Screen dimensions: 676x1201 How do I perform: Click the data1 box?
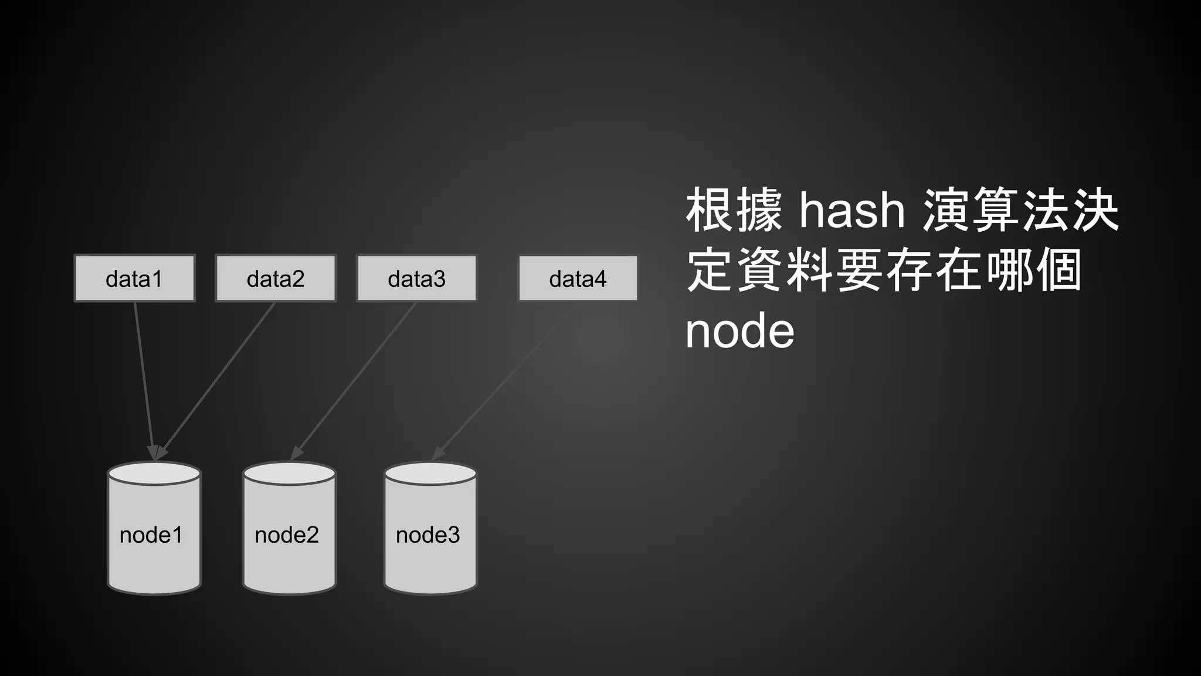(x=134, y=278)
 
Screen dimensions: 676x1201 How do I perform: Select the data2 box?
(x=276, y=278)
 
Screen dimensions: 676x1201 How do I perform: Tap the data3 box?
(x=416, y=278)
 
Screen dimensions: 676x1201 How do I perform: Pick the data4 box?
(x=578, y=278)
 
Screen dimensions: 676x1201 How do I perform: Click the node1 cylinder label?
(x=151, y=535)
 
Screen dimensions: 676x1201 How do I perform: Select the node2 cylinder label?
(x=287, y=535)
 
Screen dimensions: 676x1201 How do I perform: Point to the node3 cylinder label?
(x=428, y=535)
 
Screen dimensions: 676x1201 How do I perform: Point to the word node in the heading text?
(x=739, y=332)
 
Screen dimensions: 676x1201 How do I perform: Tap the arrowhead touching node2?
(x=296, y=453)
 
